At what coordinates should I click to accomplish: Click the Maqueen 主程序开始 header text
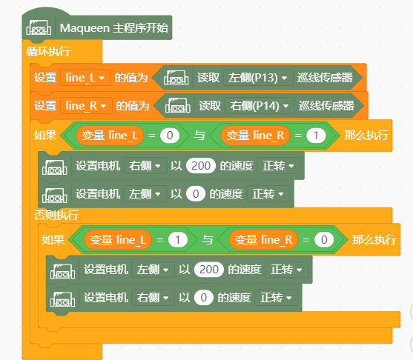113,28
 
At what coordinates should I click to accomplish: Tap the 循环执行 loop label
48,51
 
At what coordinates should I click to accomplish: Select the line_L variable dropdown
85,78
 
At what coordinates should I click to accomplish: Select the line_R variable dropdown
86,106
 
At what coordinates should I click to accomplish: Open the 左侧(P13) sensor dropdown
258,78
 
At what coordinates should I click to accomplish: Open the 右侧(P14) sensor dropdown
260,106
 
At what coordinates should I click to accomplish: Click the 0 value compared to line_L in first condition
170,136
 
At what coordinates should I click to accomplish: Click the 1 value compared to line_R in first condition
316,136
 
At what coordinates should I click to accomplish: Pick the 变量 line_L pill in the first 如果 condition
110,136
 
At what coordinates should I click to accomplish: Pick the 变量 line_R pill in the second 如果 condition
263,240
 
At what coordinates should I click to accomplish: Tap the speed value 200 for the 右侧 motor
201,166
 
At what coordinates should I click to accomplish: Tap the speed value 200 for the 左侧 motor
209,270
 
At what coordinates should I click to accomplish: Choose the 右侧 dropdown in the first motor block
145,166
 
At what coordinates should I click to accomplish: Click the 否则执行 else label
56,215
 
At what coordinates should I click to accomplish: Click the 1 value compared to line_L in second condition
178,240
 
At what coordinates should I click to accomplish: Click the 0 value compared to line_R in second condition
324,240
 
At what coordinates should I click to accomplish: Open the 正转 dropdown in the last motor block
277,298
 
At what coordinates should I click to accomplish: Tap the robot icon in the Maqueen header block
39,27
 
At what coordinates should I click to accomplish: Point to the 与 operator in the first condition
199,136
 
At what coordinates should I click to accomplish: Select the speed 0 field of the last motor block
204,298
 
